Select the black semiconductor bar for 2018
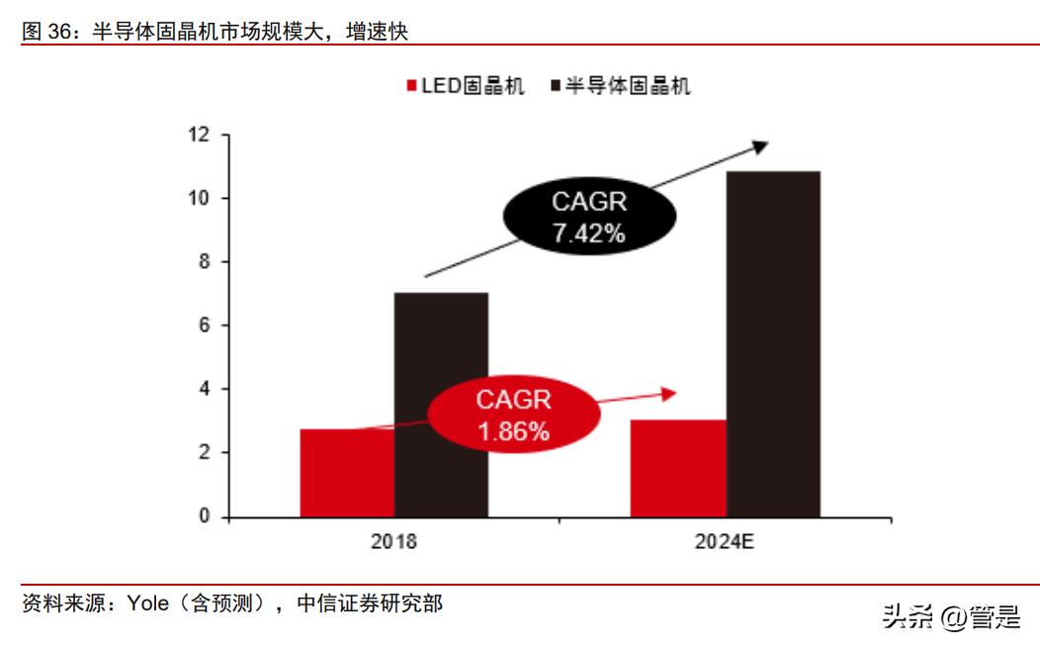(441, 406)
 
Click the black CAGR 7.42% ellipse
(588, 218)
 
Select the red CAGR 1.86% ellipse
(513, 415)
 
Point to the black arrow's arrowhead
(759, 146)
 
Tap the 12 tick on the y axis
(200, 135)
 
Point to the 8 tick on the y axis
(205, 262)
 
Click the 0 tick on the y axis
(205, 516)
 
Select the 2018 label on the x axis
(393, 542)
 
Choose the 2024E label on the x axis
(725, 542)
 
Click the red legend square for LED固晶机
(411, 86)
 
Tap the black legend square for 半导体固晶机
(555, 86)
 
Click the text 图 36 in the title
(45, 33)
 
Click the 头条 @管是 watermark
(951, 617)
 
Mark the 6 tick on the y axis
(205, 325)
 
